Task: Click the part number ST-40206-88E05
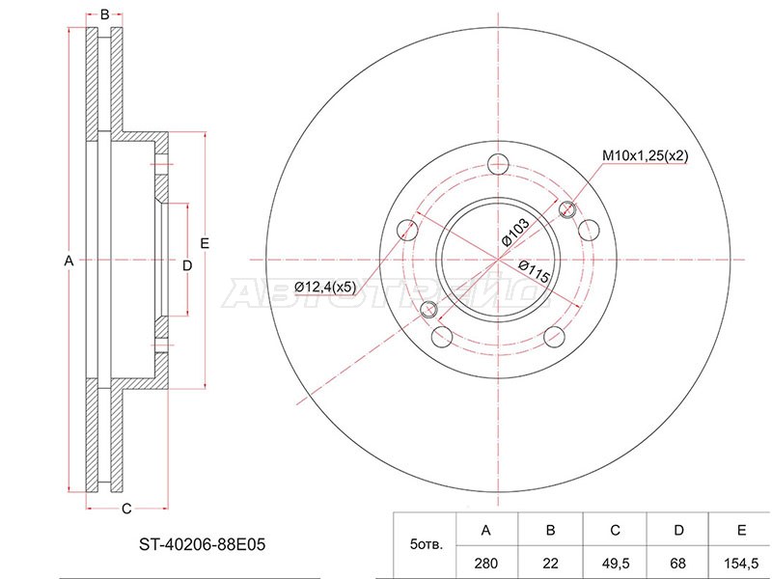click(x=202, y=544)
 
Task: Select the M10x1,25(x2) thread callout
click(x=645, y=156)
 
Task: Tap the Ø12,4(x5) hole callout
click(x=324, y=287)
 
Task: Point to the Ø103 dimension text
click(x=515, y=232)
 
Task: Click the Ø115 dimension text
click(x=535, y=271)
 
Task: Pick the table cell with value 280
click(x=486, y=564)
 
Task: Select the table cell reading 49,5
click(x=615, y=564)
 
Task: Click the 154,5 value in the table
click(x=741, y=564)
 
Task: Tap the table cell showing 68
click(x=678, y=564)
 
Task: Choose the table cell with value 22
click(x=550, y=564)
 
